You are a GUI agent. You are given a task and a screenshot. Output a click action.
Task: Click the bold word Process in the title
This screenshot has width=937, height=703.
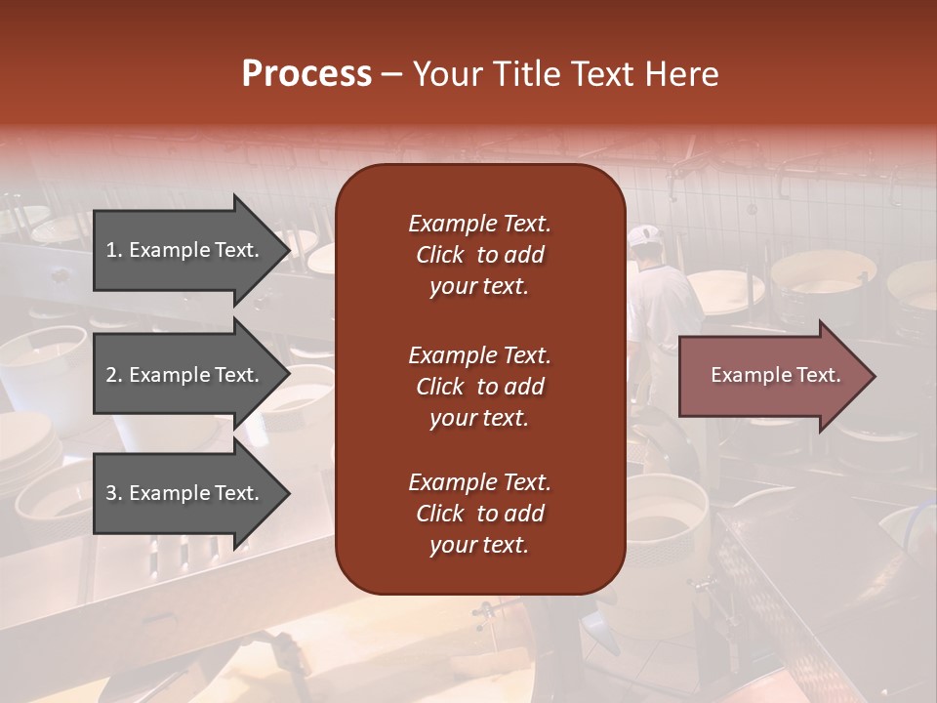[307, 73]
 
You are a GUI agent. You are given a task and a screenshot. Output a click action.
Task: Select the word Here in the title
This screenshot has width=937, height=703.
[681, 73]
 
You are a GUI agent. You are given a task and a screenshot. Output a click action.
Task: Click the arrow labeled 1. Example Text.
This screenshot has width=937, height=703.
[191, 250]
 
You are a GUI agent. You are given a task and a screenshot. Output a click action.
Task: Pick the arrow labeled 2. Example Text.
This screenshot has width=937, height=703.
[191, 374]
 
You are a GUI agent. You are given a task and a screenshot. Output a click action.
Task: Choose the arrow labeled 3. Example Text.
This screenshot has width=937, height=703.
[191, 493]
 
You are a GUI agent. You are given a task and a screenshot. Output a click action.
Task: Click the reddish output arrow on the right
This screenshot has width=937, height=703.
[777, 375]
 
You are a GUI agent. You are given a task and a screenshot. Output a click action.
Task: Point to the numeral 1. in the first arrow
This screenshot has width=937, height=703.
[114, 250]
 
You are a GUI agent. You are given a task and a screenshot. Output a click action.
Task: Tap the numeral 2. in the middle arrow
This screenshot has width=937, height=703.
[115, 374]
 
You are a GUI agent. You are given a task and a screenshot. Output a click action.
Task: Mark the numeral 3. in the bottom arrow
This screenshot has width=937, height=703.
[115, 492]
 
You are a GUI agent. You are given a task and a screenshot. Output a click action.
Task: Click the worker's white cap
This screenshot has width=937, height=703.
[644, 235]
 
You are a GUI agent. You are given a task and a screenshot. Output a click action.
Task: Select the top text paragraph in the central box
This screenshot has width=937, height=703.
[479, 255]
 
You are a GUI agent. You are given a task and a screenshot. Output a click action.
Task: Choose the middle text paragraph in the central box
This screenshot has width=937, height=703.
[479, 387]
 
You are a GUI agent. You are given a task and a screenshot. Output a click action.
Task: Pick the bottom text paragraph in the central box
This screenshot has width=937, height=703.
[479, 513]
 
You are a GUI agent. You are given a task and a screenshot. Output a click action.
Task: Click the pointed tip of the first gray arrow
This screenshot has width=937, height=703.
[291, 250]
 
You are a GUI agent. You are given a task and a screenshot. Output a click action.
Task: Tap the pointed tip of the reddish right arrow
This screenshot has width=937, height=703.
[876, 376]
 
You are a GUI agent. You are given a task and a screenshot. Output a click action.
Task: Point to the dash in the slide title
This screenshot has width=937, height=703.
[391, 75]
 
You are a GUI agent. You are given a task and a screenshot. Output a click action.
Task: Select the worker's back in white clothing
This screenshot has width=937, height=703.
[664, 305]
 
